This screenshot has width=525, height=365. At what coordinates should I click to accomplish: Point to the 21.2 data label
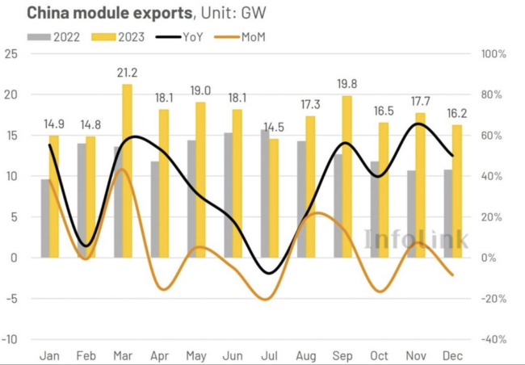tap(128, 73)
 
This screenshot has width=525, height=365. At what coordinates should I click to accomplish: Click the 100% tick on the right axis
tap(493, 54)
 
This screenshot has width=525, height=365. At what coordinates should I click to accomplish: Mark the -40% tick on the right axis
tap(493, 339)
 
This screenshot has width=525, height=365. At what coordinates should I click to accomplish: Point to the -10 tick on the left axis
tap(10, 339)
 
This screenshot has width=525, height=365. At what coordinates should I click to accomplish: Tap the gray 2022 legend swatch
tap(37, 36)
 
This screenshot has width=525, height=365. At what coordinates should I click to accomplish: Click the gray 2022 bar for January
tap(45, 218)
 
